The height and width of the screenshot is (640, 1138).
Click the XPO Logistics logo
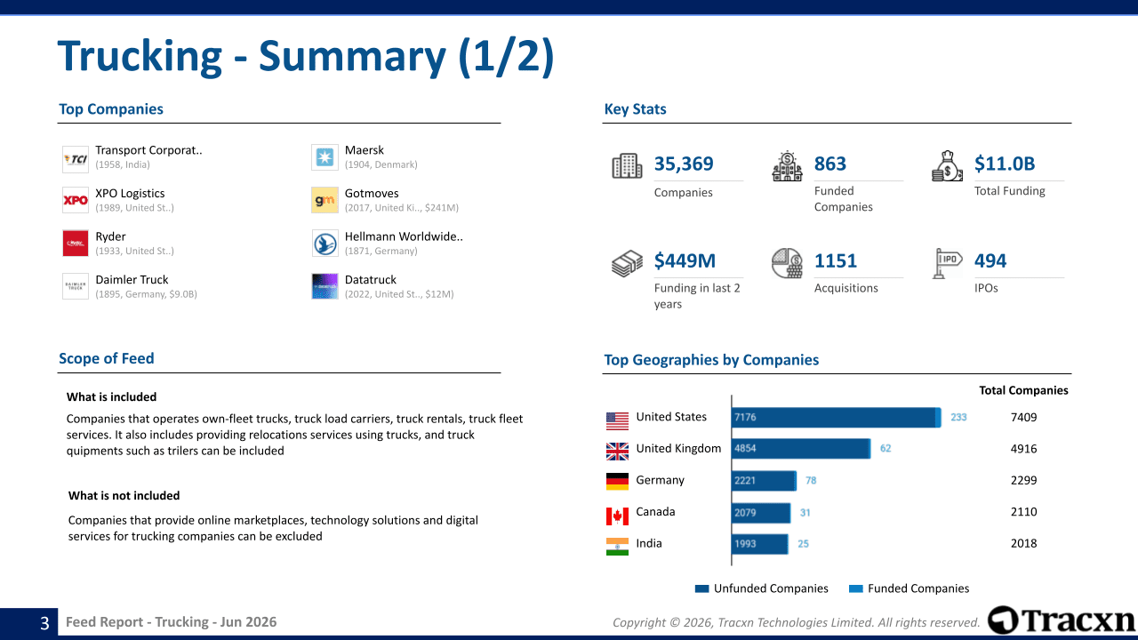76,200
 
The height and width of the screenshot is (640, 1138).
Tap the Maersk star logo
325,157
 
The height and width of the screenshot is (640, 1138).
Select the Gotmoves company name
372,194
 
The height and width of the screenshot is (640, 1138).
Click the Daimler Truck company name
132,280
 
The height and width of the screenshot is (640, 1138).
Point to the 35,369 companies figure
684,164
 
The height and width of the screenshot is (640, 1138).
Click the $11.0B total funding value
1005,164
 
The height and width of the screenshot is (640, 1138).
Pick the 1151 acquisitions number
835,261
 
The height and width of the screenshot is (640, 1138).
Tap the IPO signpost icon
947,263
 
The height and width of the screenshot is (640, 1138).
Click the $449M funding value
685,261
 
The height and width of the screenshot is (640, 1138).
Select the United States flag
617,420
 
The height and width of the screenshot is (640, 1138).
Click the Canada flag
617,516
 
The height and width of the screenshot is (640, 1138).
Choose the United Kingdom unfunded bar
800,449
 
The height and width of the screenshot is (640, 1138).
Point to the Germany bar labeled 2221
763,481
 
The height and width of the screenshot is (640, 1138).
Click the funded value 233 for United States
958,418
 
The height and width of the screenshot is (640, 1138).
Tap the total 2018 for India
1023,543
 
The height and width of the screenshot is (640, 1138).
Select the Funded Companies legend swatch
855,588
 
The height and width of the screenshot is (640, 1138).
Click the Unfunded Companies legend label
771,588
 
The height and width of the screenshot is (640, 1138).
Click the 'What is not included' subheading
124,496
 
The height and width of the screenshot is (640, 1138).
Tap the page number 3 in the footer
44,623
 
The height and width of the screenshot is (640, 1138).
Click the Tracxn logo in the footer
1062,620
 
